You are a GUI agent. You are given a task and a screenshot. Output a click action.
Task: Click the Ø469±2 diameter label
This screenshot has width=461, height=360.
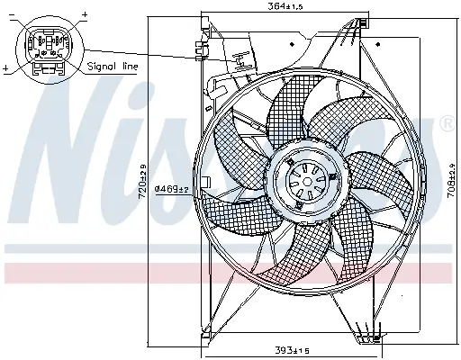(170, 188)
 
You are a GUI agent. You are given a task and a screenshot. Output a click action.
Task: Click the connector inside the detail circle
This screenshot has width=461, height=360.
(44, 45)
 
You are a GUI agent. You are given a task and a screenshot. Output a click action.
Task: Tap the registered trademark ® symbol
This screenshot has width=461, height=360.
(447, 124)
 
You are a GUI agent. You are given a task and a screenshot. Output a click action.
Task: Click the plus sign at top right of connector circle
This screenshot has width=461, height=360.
(85, 15)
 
